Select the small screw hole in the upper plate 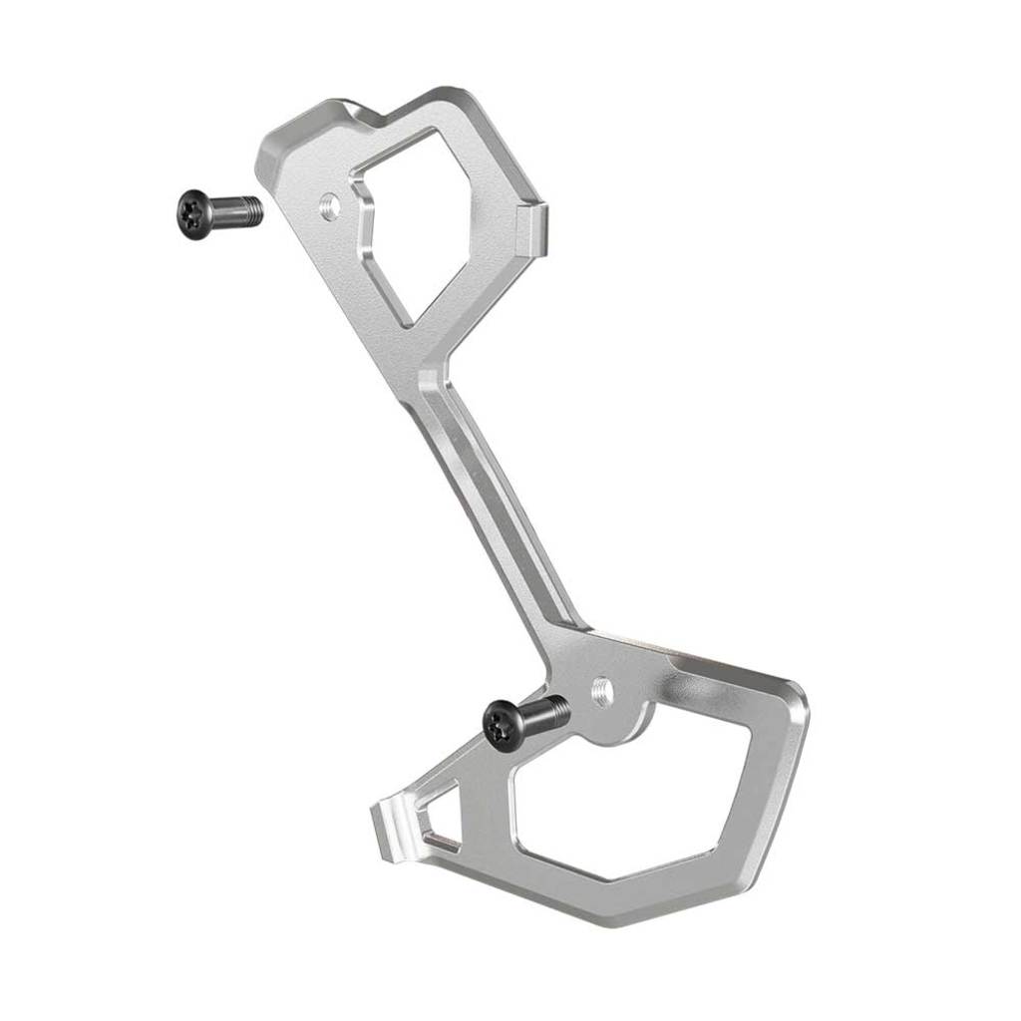coord(329,207)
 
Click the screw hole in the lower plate coord(601,691)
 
